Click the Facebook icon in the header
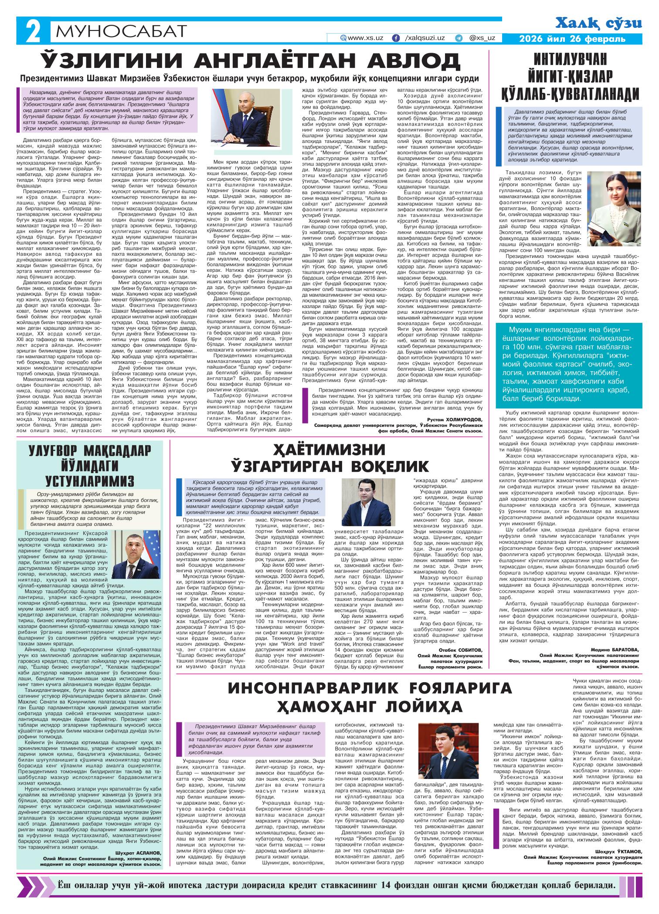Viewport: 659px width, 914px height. click(x=396, y=38)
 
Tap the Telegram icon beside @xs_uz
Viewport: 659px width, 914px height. click(x=459, y=38)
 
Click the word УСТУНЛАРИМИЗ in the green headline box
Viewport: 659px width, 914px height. click(x=90, y=481)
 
